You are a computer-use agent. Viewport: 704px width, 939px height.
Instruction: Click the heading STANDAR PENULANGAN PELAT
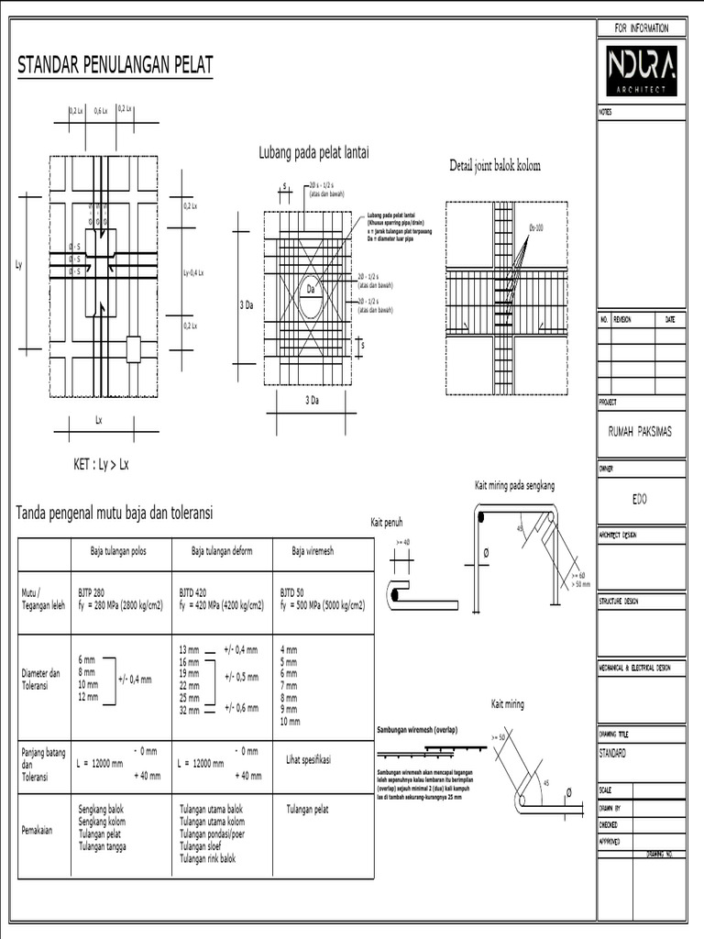[115, 65]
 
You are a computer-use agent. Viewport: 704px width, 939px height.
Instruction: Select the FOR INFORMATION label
[641, 28]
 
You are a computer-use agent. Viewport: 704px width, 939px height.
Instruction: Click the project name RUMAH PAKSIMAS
[640, 432]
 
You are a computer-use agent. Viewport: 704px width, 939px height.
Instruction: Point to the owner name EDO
[640, 501]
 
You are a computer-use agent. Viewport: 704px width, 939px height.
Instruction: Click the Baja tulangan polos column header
[117, 551]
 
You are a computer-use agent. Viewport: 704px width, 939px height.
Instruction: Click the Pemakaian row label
[38, 831]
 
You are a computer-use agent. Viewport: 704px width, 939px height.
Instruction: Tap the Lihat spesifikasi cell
[308, 760]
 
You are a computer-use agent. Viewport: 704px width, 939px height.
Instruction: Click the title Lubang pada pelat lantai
[313, 153]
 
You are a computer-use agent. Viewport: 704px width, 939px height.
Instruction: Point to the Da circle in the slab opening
[311, 293]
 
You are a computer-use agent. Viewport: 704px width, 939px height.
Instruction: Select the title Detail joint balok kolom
[495, 166]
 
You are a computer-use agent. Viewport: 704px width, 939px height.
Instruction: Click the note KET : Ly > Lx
[101, 464]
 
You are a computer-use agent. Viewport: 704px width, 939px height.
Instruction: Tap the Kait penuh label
[387, 521]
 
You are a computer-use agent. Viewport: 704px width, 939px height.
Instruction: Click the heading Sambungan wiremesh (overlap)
[417, 730]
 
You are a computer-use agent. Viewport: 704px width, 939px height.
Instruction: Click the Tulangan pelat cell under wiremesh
[307, 810]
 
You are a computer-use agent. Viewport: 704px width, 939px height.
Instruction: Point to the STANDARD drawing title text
[612, 753]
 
